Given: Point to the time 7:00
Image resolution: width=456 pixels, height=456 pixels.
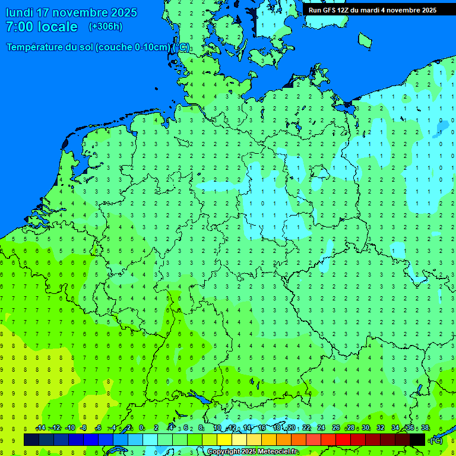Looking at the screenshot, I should coord(19,27).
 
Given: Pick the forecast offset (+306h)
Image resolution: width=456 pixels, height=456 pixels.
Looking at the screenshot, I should coord(106,27).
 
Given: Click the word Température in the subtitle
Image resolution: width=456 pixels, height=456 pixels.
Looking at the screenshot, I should coord(37,47).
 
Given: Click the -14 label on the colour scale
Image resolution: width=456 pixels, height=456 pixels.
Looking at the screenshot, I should coord(40,428).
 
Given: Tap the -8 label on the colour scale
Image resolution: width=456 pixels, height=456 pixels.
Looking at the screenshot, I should coord(84,428).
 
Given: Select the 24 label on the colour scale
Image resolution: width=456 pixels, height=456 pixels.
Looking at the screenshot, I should coord(321,428).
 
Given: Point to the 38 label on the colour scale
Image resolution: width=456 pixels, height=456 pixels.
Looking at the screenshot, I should coord(425,428).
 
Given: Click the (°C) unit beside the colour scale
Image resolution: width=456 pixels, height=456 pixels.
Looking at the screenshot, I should coord(436,440).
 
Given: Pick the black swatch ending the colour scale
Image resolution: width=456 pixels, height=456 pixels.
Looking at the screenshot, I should coord(417,439).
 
